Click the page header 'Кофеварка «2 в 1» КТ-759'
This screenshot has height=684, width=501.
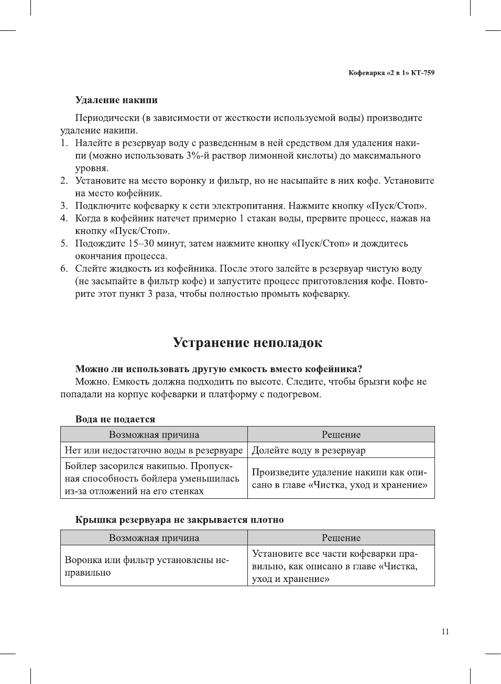[x=391, y=73]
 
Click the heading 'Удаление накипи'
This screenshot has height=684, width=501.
[x=116, y=100]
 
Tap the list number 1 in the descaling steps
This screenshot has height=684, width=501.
[x=63, y=143]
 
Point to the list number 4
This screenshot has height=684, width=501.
[x=63, y=218]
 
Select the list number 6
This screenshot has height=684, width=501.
[x=63, y=268]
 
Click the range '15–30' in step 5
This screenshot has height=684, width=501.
[x=144, y=243]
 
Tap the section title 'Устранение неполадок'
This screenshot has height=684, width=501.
[x=247, y=343]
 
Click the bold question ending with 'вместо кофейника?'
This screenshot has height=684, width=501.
[x=219, y=369]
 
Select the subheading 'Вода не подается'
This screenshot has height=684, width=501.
[x=115, y=419]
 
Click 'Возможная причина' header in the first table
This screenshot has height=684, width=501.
[x=154, y=434]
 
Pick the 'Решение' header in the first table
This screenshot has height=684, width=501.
[x=341, y=434]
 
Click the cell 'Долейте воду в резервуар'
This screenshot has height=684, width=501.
[x=309, y=450]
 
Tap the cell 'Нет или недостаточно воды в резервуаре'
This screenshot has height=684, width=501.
[x=154, y=450]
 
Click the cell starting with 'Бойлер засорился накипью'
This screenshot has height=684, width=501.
[x=152, y=478]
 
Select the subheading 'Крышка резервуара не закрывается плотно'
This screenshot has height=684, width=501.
[x=179, y=520]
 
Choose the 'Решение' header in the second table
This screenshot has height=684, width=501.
[x=341, y=537]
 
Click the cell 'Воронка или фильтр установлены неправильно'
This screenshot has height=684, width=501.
[x=147, y=566]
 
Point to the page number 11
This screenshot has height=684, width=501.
[x=445, y=631]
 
